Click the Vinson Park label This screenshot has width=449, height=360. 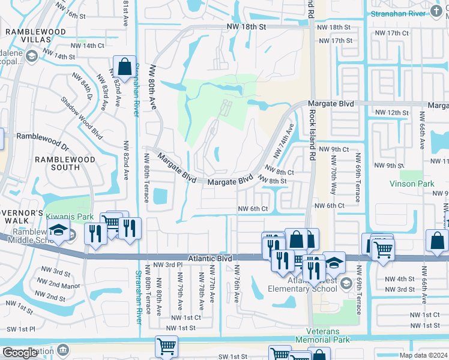click(411, 184)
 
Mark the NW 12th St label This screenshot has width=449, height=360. click(391, 113)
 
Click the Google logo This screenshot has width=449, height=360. click(20, 353)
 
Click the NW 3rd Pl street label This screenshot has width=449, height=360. click(167, 265)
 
